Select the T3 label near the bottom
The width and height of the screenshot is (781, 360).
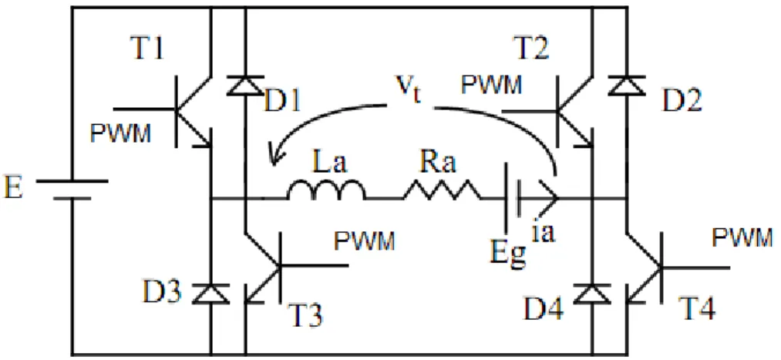click(x=308, y=314)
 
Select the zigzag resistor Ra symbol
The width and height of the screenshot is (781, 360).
click(x=443, y=190)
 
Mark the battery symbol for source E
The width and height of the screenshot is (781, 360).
click(x=72, y=189)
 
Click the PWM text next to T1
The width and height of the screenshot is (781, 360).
click(x=120, y=133)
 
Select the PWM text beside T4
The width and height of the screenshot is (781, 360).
click(x=742, y=238)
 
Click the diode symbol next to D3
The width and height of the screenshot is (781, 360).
click(x=210, y=293)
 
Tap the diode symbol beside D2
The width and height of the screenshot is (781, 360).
click(x=627, y=85)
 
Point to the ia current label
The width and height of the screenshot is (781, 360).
click(x=543, y=233)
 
